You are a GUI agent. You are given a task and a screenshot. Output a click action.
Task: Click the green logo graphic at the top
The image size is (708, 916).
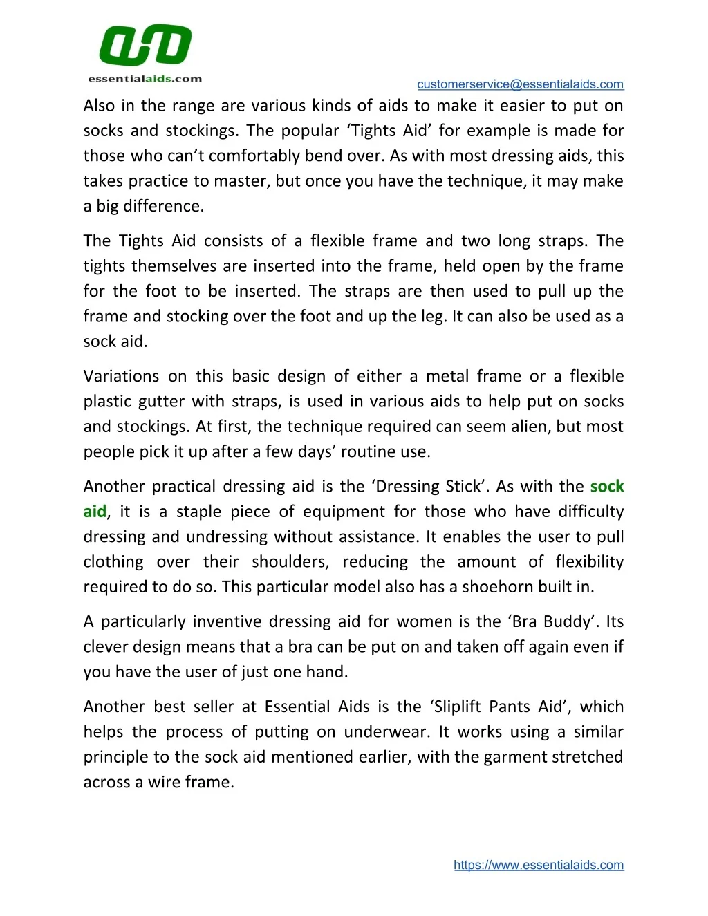tap(145, 46)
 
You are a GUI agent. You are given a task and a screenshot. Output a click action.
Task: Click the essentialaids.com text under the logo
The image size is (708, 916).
tap(145, 79)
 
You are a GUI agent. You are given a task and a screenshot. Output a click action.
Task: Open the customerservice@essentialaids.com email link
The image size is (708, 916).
tap(520, 84)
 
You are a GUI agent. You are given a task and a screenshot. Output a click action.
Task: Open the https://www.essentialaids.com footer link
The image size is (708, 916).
tap(539, 865)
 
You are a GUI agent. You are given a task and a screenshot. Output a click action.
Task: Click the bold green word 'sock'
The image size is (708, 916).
tap(607, 487)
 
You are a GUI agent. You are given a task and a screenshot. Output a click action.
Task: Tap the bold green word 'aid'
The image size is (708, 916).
tap(95, 512)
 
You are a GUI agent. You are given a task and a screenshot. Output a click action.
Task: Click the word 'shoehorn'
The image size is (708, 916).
tap(497, 587)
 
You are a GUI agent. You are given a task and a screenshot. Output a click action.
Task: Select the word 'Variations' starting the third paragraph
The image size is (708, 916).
tap(119, 376)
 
